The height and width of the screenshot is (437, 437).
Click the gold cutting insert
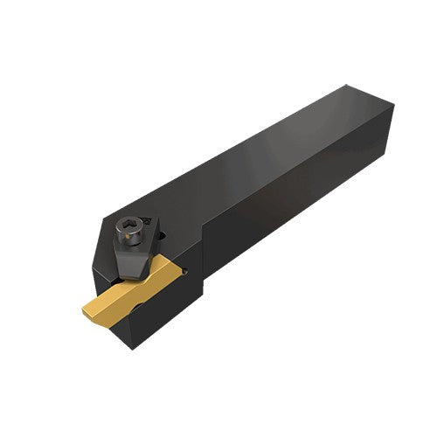pyautogui.click(x=122, y=302)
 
